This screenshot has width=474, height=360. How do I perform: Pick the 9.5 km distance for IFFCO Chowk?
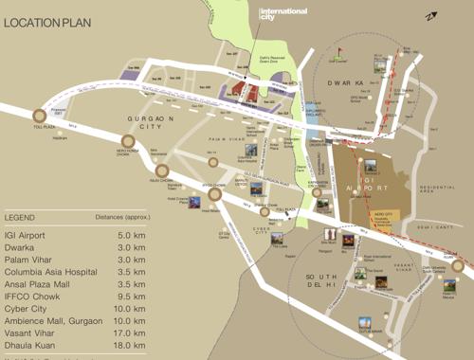131,284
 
